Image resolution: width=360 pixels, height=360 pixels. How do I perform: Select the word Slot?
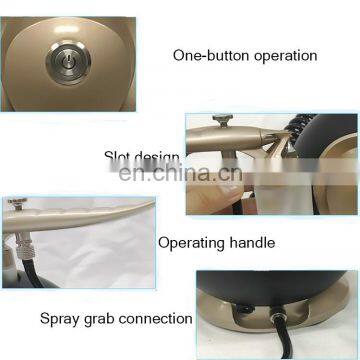pos(118,157)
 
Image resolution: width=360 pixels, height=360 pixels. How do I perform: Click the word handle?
pos(253,242)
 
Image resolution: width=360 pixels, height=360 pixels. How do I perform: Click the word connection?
pos(155,319)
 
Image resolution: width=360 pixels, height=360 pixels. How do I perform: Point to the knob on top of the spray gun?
pos(14,203)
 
